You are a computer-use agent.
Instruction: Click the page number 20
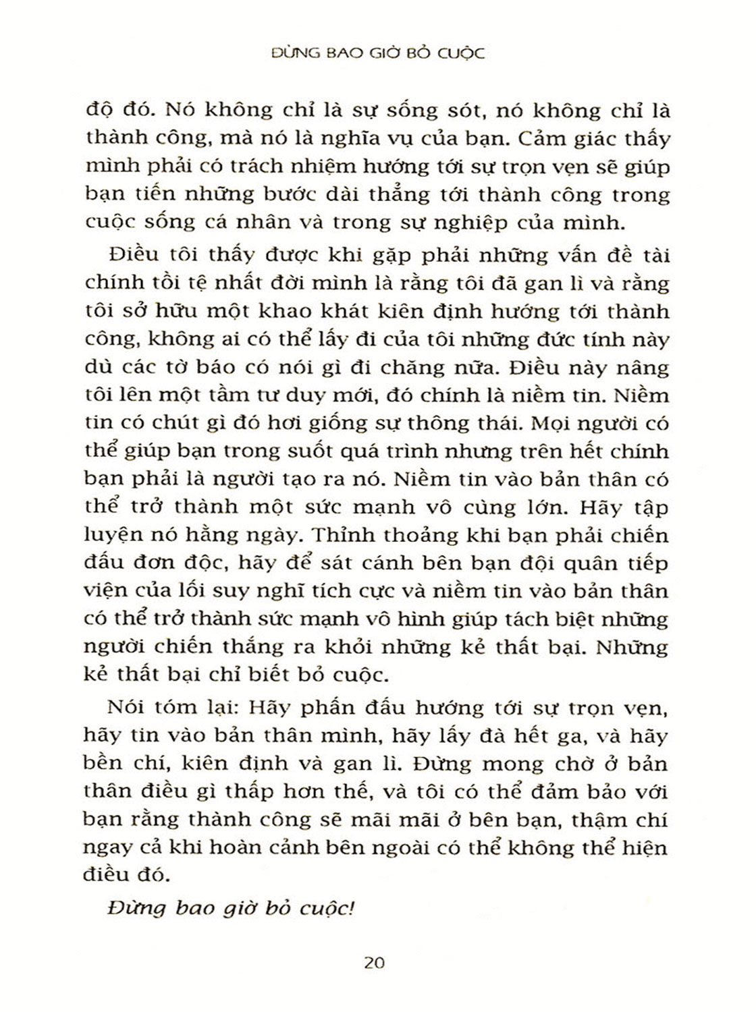(x=373, y=962)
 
